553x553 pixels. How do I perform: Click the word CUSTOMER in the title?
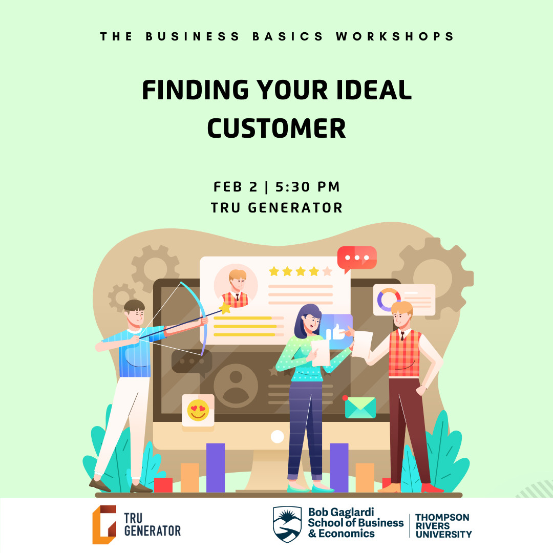[276, 129]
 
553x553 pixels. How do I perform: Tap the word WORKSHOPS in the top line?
[395, 37]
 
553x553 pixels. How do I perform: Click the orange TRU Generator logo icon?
[104, 524]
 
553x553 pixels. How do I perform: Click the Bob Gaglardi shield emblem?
[287, 524]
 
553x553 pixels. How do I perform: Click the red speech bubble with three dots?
[357, 258]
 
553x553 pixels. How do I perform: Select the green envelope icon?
[360, 408]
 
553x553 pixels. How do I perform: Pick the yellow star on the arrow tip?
[224, 308]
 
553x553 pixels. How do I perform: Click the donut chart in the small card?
[389, 300]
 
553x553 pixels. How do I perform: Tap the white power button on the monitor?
[277, 437]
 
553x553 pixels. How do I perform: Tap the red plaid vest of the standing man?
[405, 353]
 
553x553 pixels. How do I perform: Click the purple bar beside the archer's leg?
[216, 467]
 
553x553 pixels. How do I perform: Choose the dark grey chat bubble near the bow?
[191, 361]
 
